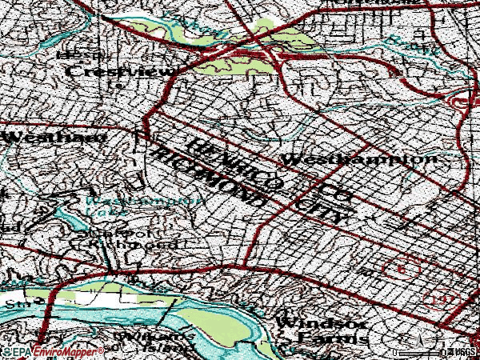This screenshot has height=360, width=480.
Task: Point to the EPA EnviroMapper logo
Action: click(52, 352)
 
